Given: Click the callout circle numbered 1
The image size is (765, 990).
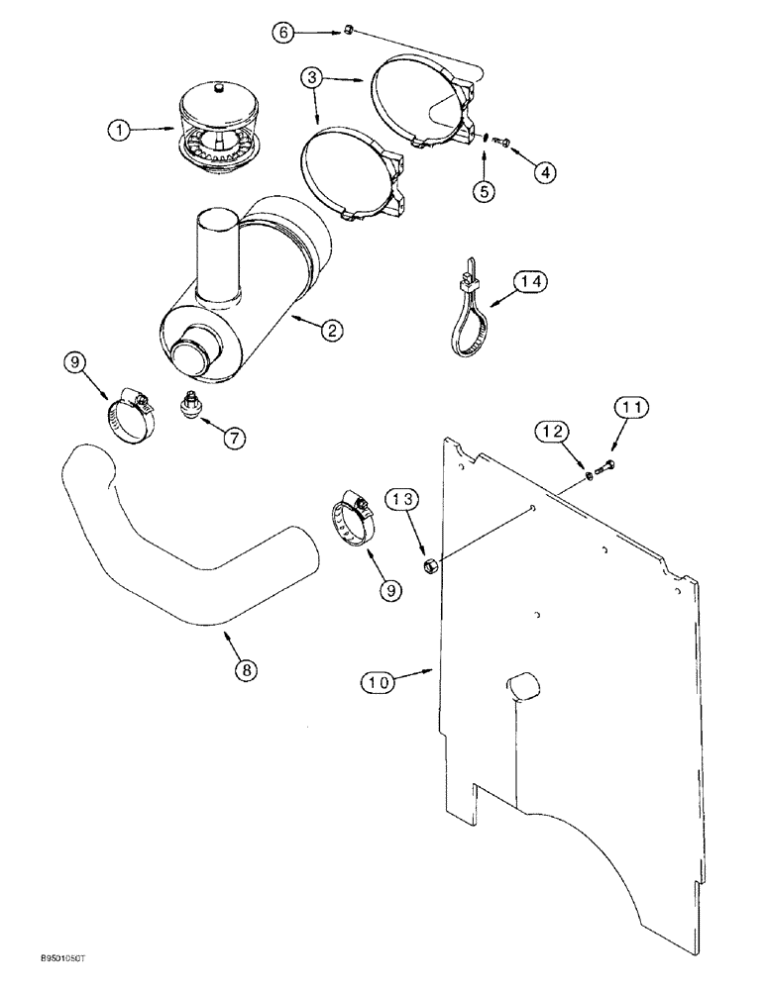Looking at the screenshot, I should click(120, 129).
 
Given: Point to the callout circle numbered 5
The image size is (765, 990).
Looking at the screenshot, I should click(484, 191).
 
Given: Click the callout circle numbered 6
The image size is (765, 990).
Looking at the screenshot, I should click(283, 33).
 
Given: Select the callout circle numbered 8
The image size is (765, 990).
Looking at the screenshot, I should click(245, 669).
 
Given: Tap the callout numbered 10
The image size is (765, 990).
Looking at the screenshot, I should click(381, 681).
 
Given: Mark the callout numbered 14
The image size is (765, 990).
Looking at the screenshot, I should click(530, 282).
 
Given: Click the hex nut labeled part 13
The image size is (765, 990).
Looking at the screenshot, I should click(431, 566).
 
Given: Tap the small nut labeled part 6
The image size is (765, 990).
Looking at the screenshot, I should click(348, 35).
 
